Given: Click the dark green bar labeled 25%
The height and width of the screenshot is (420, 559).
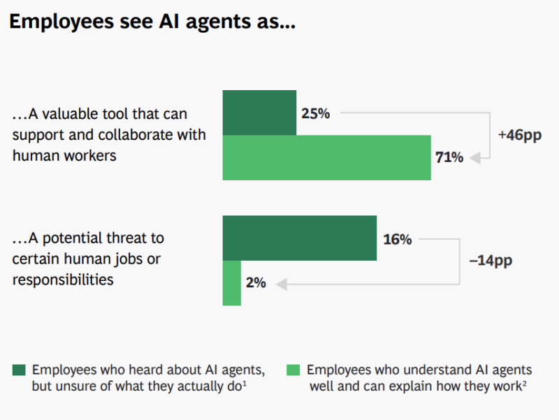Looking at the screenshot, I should pyautogui.click(x=259, y=112).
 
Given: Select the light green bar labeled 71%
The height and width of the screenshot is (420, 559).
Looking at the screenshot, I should pyautogui.click(x=326, y=158).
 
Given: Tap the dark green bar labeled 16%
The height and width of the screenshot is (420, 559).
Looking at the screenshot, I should pyautogui.click(x=299, y=239).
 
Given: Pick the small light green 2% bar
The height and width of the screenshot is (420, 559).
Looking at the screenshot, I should pyautogui.click(x=231, y=283).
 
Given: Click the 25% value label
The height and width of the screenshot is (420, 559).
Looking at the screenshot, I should pyautogui.click(x=314, y=113).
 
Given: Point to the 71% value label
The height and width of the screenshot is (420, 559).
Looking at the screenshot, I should pyautogui.click(x=449, y=158).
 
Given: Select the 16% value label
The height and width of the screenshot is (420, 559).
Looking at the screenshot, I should pyautogui.click(x=397, y=239).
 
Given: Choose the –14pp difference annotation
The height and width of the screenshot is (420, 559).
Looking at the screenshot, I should pyautogui.click(x=491, y=261).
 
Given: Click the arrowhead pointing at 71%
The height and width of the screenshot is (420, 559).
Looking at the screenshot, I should pyautogui.click(x=475, y=159).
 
